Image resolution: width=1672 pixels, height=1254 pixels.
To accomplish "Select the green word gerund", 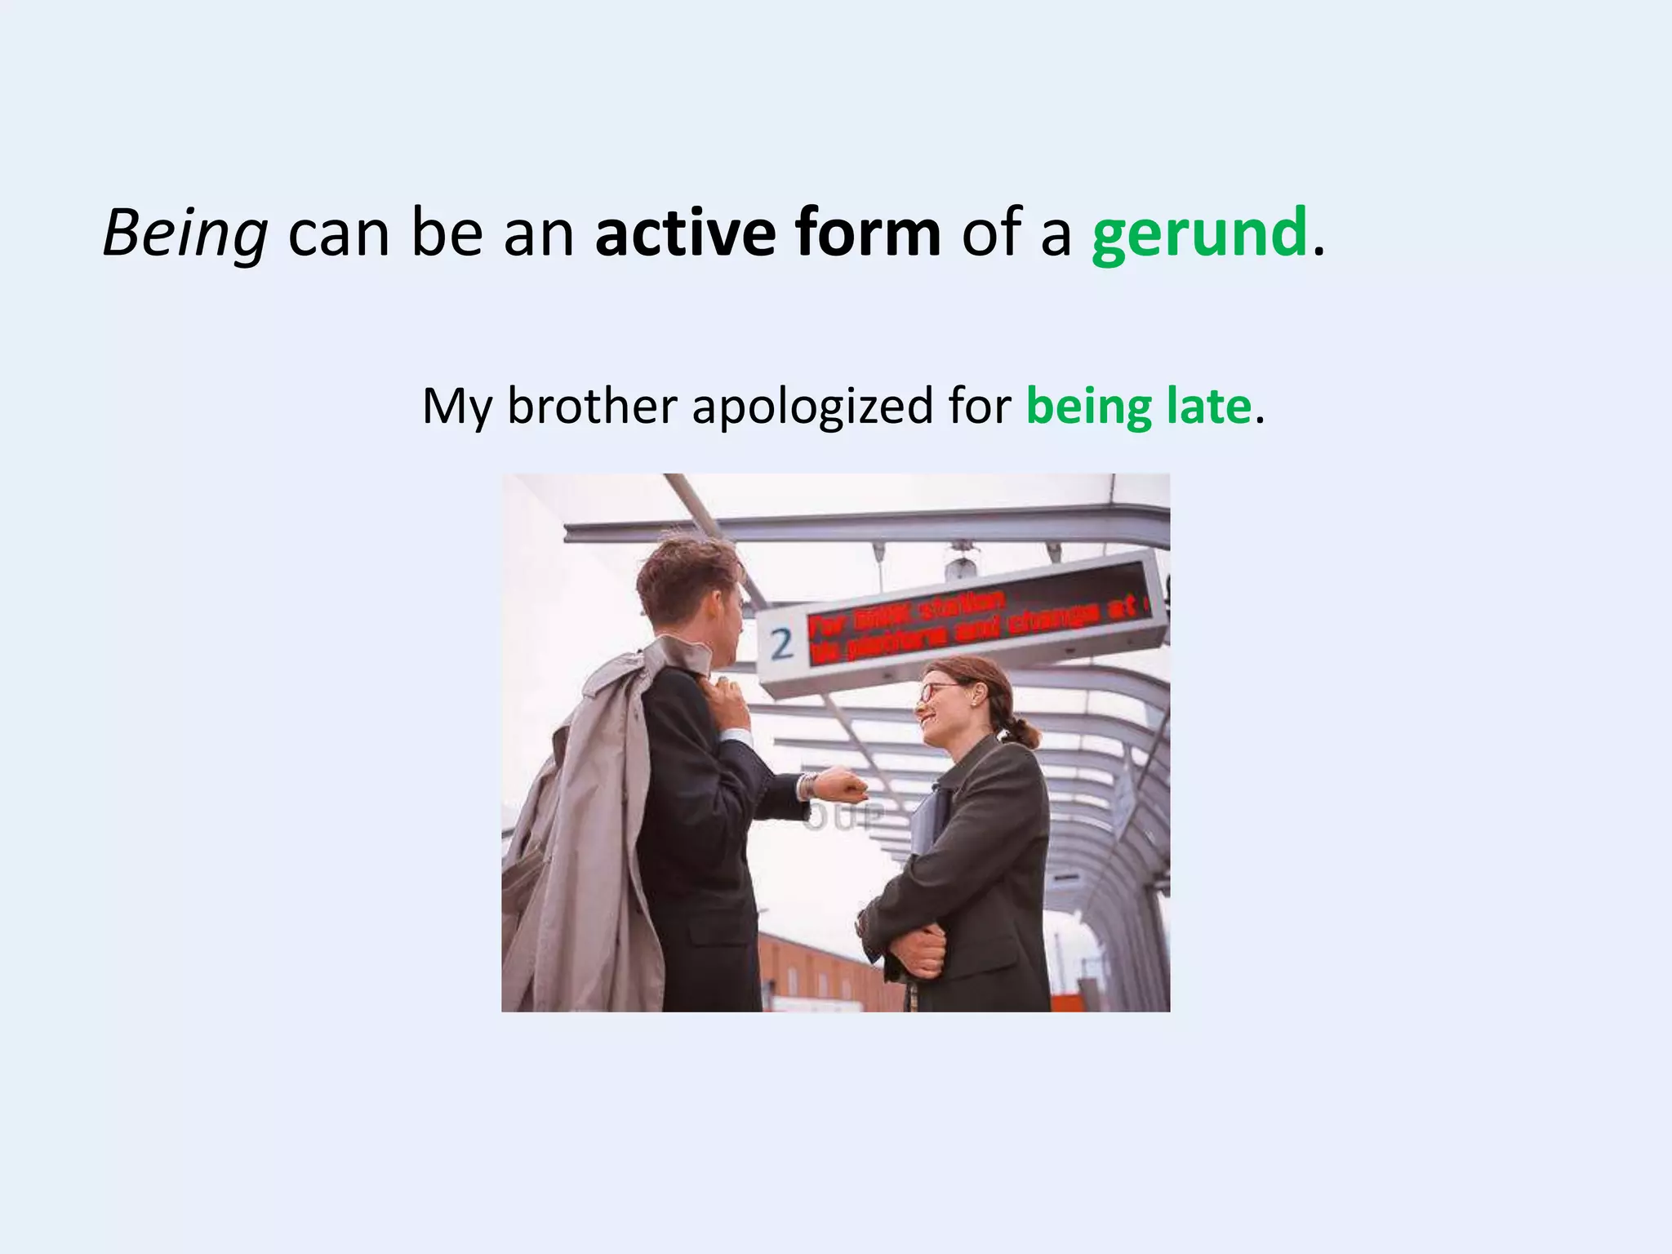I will click(x=1199, y=234).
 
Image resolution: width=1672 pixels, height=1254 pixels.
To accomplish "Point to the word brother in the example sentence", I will click(x=592, y=406).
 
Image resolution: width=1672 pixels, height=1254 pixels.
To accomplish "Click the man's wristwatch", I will click(x=807, y=785).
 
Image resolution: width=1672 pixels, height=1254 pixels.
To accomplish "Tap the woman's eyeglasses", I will click(x=936, y=691).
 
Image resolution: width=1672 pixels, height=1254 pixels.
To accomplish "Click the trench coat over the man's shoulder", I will click(x=571, y=816).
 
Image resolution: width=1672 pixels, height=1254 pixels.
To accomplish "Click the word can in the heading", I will click(x=339, y=234).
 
